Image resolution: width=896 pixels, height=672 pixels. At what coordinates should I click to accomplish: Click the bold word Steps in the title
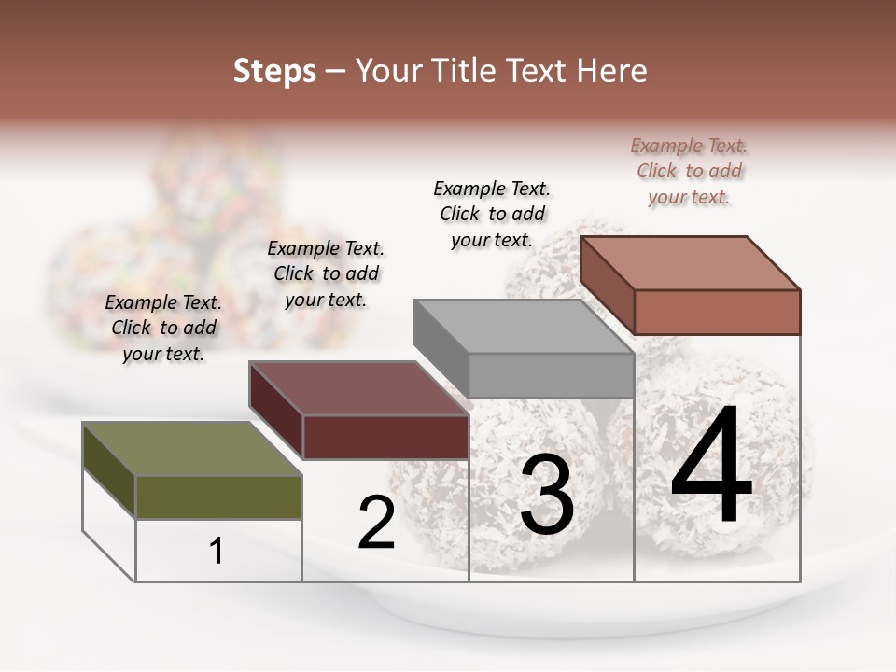coord(274,72)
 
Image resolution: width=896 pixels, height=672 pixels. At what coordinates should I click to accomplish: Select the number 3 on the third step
coord(547,497)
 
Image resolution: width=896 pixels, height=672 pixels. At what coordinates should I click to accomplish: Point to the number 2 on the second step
coord(377,524)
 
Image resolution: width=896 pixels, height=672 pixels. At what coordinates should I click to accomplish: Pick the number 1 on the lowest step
coord(217,552)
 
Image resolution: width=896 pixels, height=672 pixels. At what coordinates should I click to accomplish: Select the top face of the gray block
coord(523,327)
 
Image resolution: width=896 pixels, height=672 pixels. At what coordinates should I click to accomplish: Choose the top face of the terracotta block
coord(689,263)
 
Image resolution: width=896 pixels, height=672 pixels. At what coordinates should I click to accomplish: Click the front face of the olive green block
coord(218,497)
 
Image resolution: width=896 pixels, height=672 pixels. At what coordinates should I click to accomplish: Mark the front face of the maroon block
coord(385,437)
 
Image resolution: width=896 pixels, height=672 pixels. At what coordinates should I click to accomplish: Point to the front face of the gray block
coord(551,375)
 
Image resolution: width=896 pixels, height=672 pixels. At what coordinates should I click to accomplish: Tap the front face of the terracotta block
coord(717,312)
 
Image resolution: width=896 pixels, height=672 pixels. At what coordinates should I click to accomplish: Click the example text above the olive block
coord(163,328)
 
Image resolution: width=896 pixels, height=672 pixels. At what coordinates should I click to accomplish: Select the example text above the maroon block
coord(326,273)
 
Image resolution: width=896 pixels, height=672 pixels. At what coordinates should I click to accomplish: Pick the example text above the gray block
coord(492,214)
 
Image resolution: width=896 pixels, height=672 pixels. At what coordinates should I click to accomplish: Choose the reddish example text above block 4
coord(689,171)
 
